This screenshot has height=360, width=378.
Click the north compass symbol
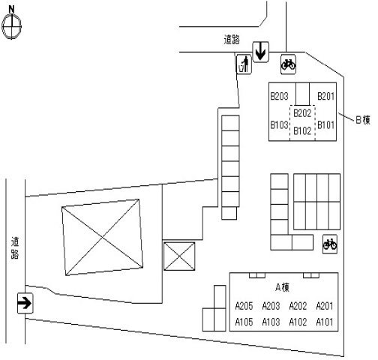click(12, 24)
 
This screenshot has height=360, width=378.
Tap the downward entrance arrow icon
click(260, 52)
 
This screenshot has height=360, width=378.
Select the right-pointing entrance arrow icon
click(25, 303)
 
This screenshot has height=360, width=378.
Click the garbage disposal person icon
click(244, 64)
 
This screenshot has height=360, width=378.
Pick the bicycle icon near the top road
click(288, 64)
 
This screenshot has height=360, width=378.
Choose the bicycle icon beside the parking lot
click(330, 244)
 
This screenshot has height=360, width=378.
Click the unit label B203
click(279, 96)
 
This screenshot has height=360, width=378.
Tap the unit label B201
click(325, 96)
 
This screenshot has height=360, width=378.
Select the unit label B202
click(302, 113)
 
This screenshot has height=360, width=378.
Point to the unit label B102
click(302, 130)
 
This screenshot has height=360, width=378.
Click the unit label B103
click(279, 124)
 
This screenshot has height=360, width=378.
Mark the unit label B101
click(325, 124)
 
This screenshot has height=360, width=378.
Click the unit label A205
click(244, 306)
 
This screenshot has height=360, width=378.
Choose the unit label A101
click(325, 322)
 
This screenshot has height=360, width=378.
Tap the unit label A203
click(271, 306)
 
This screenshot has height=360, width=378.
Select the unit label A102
click(298, 322)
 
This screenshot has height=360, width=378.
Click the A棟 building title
click(282, 287)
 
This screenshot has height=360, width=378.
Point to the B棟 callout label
click(363, 120)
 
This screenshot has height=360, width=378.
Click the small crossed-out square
click(179, 256)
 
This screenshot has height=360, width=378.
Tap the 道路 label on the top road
click(232, 40)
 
